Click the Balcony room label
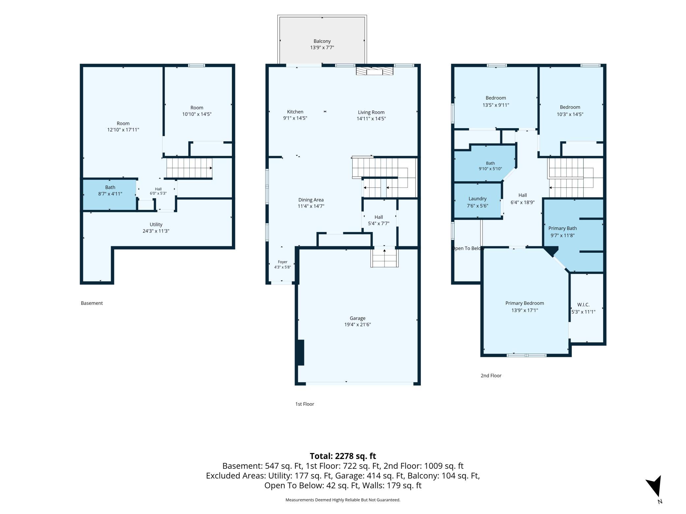(322, 41)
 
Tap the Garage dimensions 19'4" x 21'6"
(358, 325)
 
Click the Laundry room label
(477, 199)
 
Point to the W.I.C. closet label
(583, 305)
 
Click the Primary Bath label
(562, 228)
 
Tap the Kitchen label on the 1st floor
(295, 112)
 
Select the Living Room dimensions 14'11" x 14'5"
(371, 119)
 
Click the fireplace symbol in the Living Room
(374, 71)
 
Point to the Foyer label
(282, 262)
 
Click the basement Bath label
(110, 187)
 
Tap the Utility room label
(156, 225)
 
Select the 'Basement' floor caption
(92, 303)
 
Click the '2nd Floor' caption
(491, 376)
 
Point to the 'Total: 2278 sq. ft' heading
(343, 456)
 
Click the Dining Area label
(311, 200)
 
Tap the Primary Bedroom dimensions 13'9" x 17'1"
(524, 310)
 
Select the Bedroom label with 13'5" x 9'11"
(495, 98)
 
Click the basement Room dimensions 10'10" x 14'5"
(197, 114)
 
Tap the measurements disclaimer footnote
(343, 500)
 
